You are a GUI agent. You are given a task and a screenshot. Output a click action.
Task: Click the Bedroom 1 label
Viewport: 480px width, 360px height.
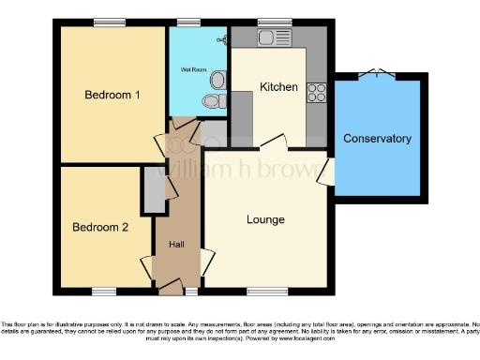pos(112,95)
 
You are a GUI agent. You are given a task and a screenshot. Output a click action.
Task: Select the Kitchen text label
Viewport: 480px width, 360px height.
pos(278,87)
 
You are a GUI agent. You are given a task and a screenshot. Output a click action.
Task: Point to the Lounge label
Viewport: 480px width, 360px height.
pos(265,219)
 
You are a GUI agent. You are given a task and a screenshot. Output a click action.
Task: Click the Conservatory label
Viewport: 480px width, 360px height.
pos(377,139)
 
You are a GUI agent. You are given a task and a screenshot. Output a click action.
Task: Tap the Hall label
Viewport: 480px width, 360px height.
pos(175,244)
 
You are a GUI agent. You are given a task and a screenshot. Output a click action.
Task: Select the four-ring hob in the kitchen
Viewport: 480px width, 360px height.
pos(317,92)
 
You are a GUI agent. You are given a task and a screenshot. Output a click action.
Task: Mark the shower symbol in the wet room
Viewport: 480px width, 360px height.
pos(221,39)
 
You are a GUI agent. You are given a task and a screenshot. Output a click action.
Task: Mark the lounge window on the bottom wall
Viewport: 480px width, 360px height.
pos(267,291)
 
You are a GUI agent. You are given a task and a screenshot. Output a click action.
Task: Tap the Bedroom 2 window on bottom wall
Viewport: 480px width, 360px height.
pos(103,291)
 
